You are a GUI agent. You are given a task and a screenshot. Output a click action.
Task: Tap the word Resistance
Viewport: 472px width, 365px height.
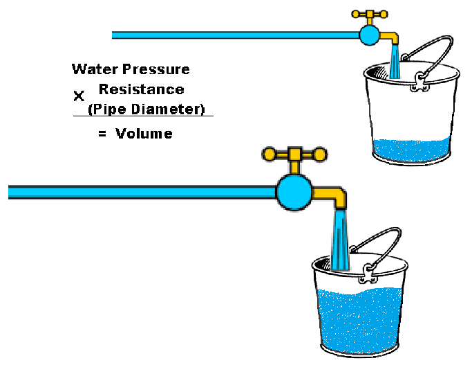tap(141, 89)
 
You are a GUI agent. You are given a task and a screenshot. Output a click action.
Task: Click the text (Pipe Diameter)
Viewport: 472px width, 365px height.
tap(147, 109)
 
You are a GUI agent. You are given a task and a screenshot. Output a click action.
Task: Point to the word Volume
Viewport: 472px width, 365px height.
tap(144, 134)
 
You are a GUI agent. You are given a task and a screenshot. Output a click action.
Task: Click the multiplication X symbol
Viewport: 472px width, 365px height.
tap(79, 96)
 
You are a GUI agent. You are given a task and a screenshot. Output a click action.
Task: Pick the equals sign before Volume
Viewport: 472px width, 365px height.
tap(102, 134)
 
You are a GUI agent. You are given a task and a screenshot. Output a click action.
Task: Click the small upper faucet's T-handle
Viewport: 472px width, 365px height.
tap(368, 13)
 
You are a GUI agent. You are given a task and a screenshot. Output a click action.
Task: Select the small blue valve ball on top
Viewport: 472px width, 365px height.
tap(369, 34)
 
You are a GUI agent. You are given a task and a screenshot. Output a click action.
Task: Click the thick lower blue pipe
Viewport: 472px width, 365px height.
tap(138, 191)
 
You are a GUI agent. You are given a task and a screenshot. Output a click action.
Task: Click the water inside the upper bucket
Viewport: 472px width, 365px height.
tap(411, 148)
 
